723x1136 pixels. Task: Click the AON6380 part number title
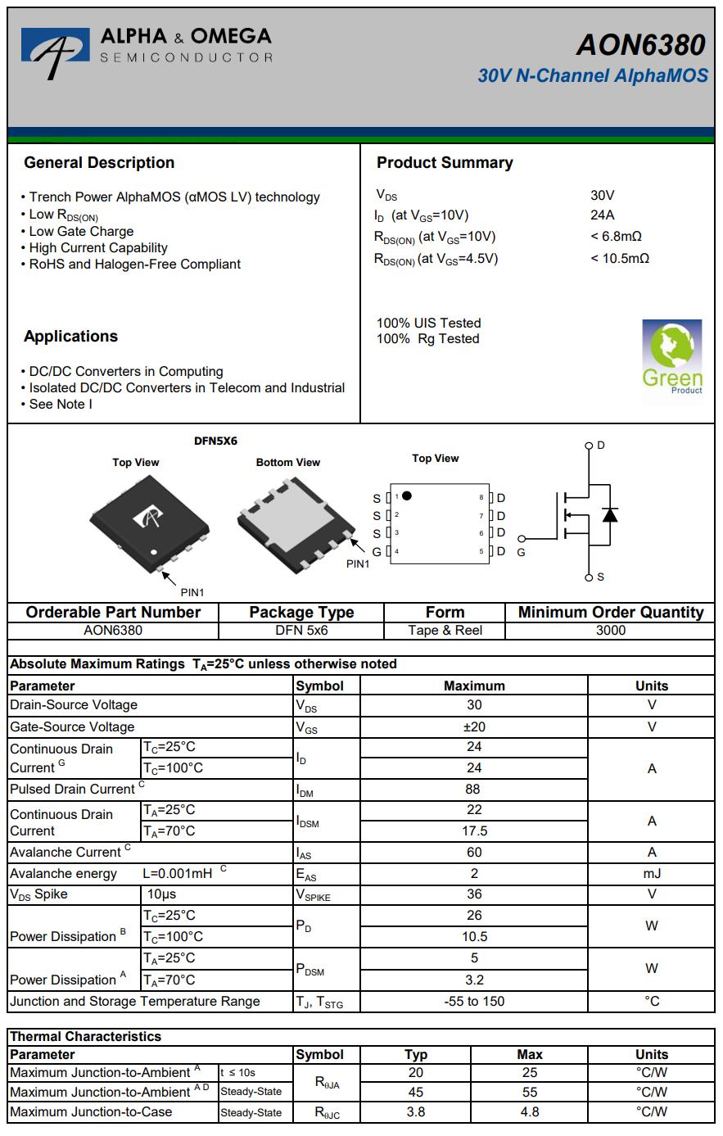click(639, 44)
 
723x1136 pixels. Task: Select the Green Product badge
click(671, 356)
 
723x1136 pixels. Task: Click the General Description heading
click(99, 162)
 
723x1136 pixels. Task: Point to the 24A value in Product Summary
click(602, 215)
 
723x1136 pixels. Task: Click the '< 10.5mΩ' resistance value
click(619, 258)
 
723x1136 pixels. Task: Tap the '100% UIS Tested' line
click(428, 323)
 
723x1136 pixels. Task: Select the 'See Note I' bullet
click(60, 404)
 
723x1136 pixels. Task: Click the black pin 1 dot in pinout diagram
click(407, 496)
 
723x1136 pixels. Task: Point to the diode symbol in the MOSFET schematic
click(609, 514)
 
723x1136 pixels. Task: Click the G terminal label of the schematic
click(521, 552)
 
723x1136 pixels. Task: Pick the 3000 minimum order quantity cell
click(611, 630)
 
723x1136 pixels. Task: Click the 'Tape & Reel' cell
click(445, 630)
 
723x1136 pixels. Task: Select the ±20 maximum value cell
click(474, 726)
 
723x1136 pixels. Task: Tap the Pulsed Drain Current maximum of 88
click(474, 789)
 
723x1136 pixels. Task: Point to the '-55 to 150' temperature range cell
click(474, 1001)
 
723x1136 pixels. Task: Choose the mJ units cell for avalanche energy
click(651, 873)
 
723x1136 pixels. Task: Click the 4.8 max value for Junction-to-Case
click(530, 1111)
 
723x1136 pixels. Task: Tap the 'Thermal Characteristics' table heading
click(86, 1036)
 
